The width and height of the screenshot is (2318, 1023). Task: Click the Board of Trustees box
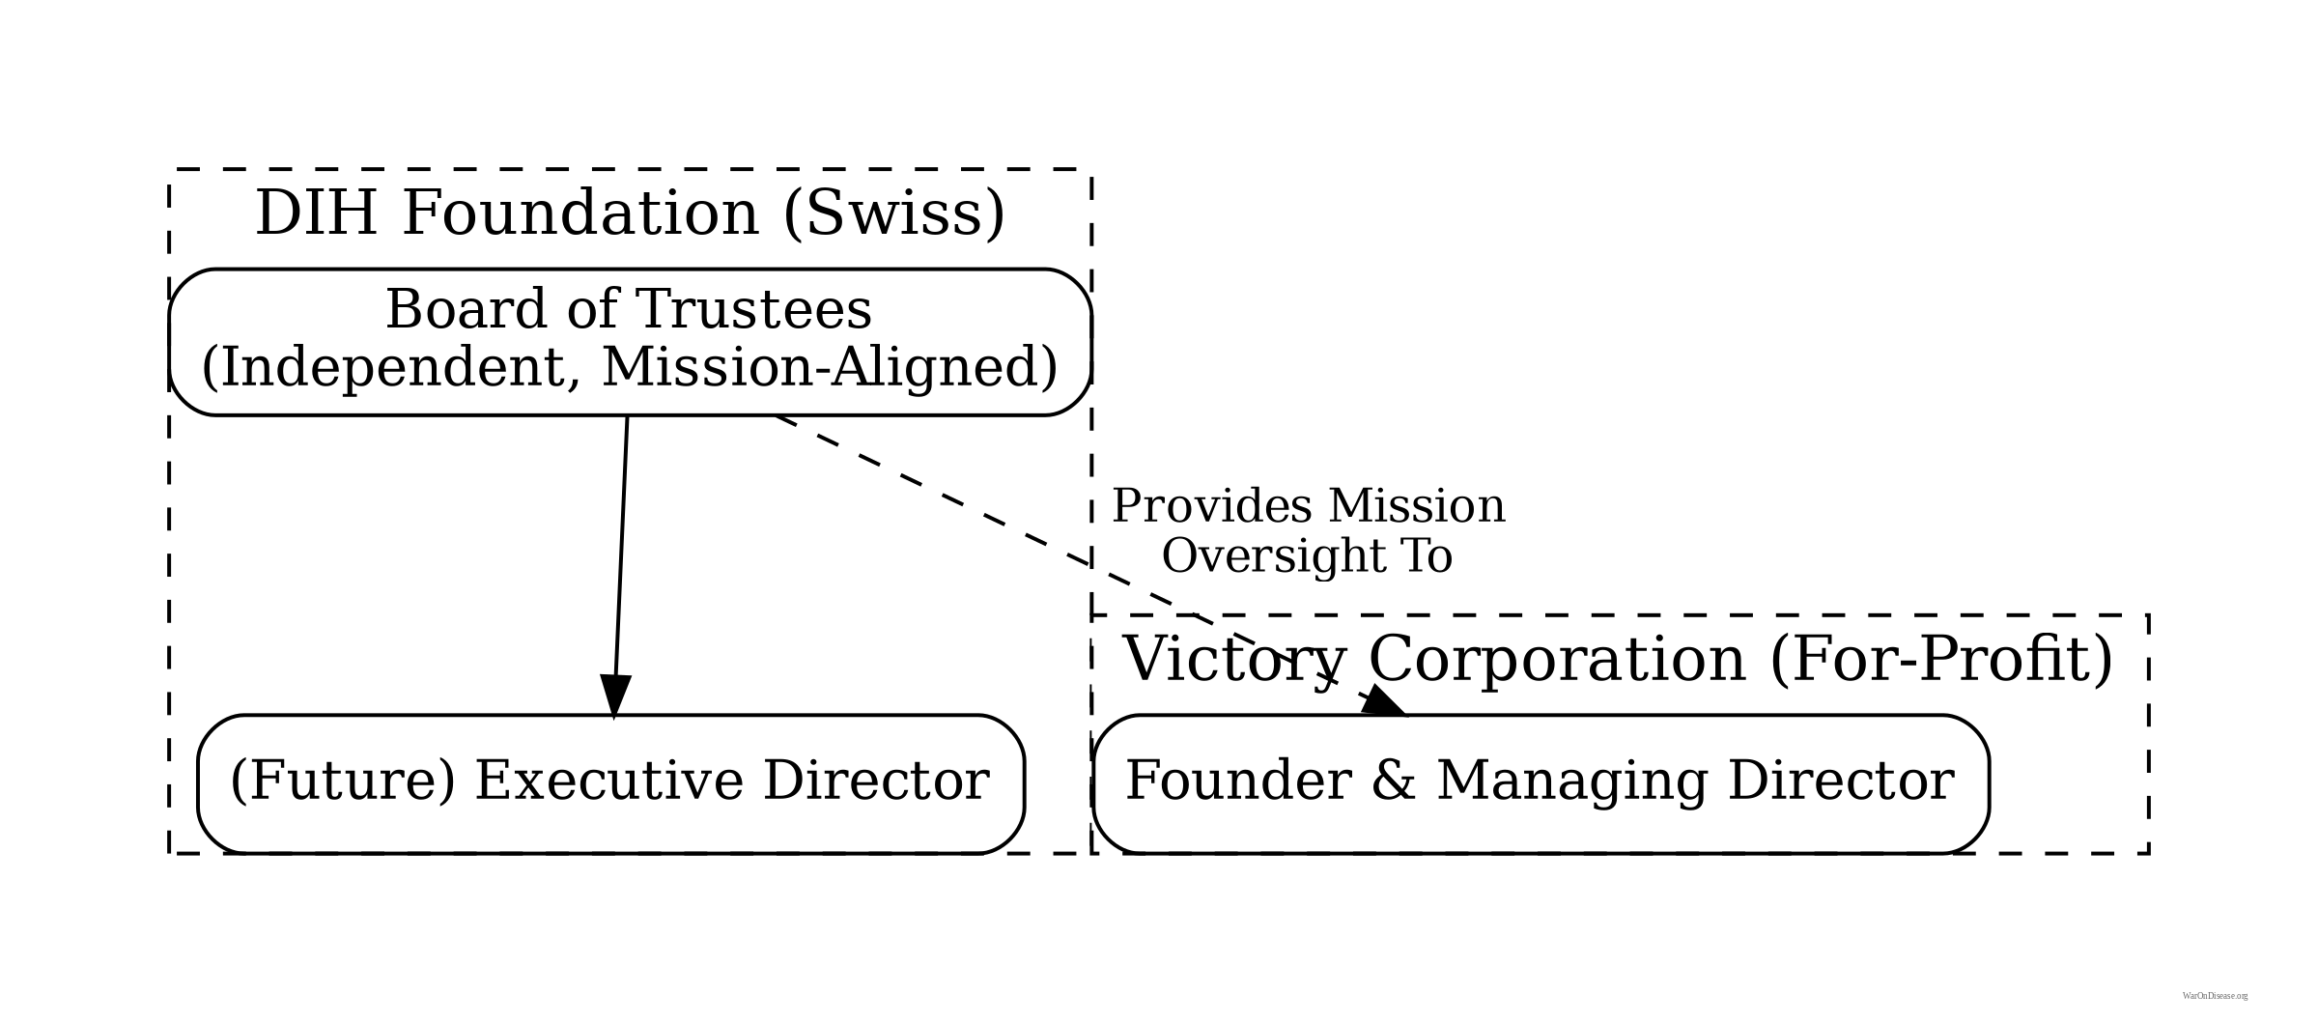(x=630, y=342)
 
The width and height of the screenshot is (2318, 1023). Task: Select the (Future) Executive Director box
(x=610, y=783)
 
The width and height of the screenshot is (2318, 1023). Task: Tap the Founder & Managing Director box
(x=1540, y=783)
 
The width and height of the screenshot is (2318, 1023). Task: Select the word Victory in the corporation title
(x=1233, y=661)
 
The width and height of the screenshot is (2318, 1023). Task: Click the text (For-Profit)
(x=1941, y=661)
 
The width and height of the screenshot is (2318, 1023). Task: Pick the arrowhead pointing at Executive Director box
(x=614, y=696)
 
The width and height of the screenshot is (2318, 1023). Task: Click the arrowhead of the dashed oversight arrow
(x=1383, y=701)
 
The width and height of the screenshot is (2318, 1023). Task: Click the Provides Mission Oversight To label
(x=1308, y=531)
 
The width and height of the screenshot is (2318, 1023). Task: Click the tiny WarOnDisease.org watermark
(x=2215, y=996)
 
